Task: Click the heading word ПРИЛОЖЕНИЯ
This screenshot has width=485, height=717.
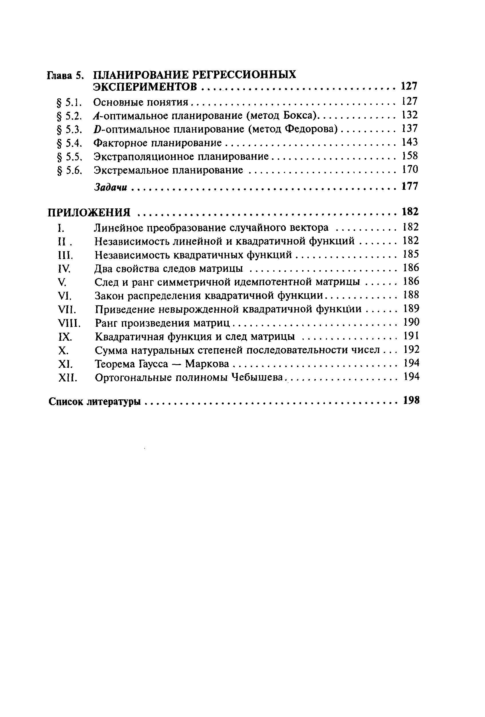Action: (89, 213)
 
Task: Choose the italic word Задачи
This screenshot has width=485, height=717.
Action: (110, 187)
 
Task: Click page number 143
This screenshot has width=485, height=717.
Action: (410, 142)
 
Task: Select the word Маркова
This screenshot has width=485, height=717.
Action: (207, 364)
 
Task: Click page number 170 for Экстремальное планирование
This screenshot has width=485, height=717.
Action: (410, 169)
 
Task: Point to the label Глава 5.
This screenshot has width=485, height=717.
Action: (65, 75)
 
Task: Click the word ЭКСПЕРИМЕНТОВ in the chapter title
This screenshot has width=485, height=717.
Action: (145, 87)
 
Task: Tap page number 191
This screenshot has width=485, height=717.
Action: (411, 336)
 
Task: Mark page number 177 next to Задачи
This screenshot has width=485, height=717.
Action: (410, 186)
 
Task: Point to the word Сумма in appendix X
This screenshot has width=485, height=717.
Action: (110, 350)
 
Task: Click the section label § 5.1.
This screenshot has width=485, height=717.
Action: (70, 102)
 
